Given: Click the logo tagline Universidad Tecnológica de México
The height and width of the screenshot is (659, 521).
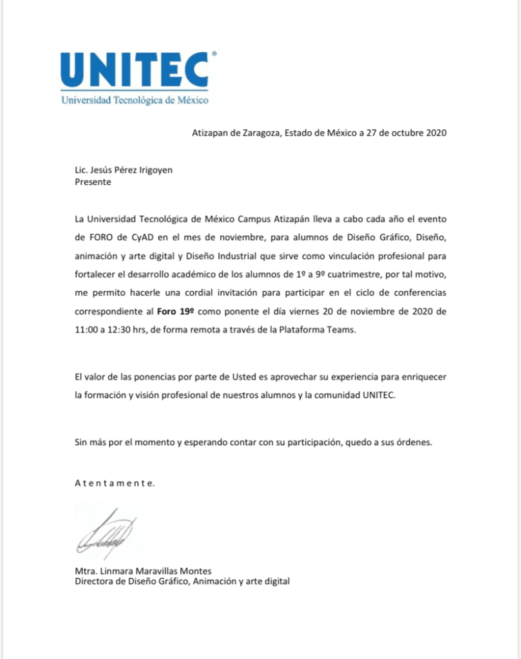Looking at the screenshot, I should (135, 100).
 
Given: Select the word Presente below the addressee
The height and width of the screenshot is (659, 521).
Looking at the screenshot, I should (93, 182).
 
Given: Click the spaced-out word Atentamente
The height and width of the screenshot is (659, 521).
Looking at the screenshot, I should (115, 482).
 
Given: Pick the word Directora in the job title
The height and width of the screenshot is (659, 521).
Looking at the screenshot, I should (94, 581).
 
